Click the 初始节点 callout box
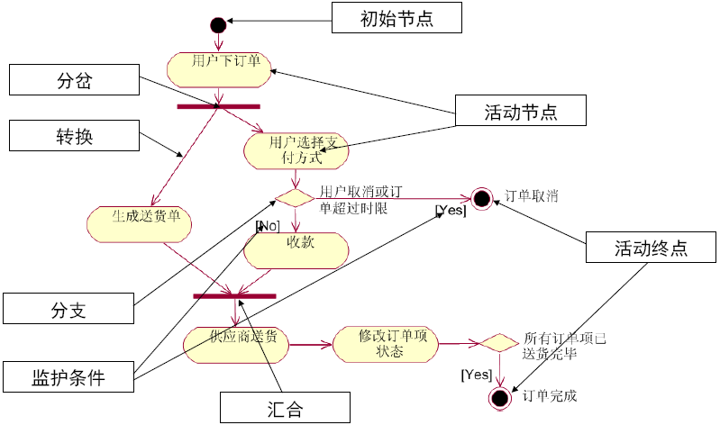coord(397,18)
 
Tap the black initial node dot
coord(217,24)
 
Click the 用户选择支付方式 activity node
coord(296,150)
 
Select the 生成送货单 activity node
coord(140,223)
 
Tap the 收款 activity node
coord(296,249)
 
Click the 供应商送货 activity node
coord(236,343)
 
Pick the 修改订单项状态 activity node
coord(385,343)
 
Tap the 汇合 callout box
coord(286,408)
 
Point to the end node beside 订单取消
coord(481,198)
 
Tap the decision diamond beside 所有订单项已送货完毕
coord(497,343)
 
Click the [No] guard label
coord(268,225)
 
